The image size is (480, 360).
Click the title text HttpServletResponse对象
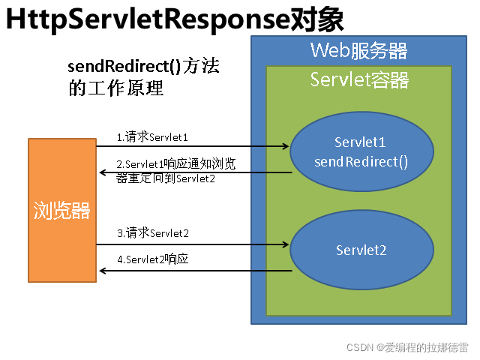point(175,19)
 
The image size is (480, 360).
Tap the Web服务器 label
point(358,50)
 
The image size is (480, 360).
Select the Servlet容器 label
point(359,79)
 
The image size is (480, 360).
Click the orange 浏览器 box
point(62,210)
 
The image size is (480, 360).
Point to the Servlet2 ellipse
point(361,250)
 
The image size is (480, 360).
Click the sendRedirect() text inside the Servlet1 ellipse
point(361,162)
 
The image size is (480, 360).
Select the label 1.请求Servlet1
point(152,136)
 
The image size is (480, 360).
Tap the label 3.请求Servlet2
point(153,233)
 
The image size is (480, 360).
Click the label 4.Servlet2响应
point(153,259)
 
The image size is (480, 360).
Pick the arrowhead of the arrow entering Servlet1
point(286,146)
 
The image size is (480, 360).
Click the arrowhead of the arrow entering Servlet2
point(286,244)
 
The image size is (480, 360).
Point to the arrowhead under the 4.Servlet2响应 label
point(103,271)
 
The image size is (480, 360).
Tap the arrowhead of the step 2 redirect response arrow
point(103,172)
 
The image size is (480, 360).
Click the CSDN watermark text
point(407,347)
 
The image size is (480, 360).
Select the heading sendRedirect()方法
point(143,66)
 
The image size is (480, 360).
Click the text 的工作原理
point(116,88)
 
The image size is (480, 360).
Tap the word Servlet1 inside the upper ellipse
point(360,142)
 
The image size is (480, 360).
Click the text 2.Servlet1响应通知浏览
point(176,164)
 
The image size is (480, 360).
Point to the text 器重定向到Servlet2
point(166,178)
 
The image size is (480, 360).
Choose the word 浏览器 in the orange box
point(61,211)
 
